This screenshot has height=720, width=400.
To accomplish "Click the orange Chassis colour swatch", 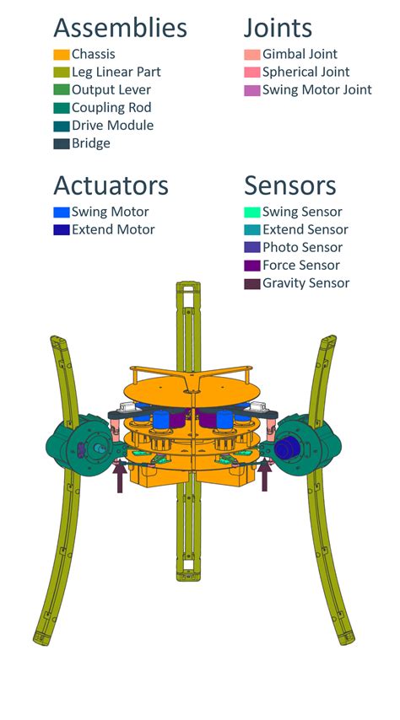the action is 61,55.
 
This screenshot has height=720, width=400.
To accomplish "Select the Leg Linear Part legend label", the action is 116,73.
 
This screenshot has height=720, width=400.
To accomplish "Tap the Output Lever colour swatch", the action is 61,90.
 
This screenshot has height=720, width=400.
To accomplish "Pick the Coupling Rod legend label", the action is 111,108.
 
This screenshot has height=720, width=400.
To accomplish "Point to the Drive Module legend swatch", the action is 61,126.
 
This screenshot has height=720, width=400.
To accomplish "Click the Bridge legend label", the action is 91,143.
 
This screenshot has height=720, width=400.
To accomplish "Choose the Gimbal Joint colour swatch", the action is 252,55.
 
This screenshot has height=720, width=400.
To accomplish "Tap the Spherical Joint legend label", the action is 306,73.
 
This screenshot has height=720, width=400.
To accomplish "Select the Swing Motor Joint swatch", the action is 252,90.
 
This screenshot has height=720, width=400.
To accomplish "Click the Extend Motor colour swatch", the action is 61,229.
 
